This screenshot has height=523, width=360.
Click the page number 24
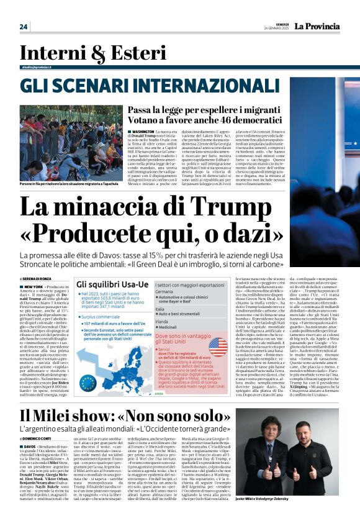coord(24,27)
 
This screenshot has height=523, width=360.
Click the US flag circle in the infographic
coord(218,347)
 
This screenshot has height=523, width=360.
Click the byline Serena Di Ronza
coord(38,280)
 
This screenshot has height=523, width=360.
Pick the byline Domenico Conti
coord(38,439)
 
